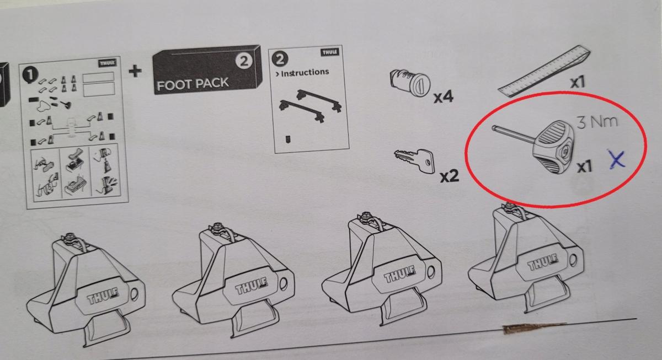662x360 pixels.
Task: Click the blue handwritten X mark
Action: point(617,160)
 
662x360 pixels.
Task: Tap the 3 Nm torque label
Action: point(597,122)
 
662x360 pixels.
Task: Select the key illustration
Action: point(414,160)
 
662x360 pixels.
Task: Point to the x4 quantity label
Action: point(444,97)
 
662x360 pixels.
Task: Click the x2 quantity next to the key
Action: point(450,176)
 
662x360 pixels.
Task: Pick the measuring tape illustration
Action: point(544,71)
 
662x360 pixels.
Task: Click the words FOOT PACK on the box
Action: point(193,84)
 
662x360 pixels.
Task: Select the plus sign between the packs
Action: point(135,71)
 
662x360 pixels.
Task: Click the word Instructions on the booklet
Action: point(305,72)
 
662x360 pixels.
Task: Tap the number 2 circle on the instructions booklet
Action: point(280,59)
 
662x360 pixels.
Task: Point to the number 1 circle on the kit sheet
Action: point(30,75)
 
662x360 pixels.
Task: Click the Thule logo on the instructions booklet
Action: point(330,52)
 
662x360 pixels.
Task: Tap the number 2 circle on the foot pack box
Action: point(244,61)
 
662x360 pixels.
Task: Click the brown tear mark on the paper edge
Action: point(532,328)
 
